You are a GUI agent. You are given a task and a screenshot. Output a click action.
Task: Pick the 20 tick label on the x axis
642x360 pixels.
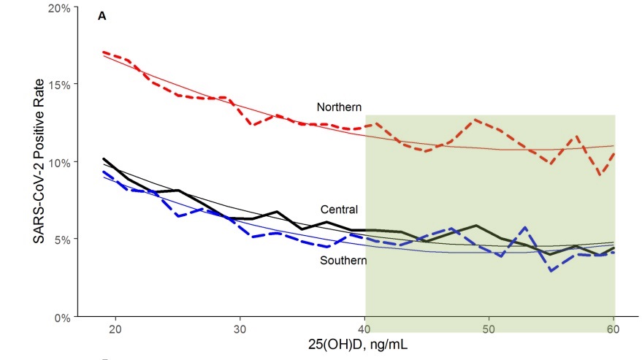115,330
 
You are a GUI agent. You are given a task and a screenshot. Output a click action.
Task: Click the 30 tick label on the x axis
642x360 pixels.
240,330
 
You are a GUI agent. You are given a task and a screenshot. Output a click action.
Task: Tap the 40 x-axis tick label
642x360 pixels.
365,330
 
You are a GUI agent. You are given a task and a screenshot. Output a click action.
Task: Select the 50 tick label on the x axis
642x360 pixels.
489,330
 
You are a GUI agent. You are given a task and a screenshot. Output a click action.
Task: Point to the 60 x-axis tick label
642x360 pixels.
614,330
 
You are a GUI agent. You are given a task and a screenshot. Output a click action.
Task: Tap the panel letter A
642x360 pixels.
102,16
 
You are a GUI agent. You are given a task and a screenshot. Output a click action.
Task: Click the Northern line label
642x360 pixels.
339,107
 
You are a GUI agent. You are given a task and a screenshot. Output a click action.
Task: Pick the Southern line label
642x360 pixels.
343,261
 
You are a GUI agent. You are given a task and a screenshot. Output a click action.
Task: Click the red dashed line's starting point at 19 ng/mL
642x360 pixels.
104,53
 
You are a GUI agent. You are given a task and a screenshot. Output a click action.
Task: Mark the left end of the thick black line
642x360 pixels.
104,158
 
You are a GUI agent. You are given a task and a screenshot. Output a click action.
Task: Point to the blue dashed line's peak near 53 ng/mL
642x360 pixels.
526,228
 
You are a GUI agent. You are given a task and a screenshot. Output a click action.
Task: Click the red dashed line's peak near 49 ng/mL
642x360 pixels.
475,120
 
